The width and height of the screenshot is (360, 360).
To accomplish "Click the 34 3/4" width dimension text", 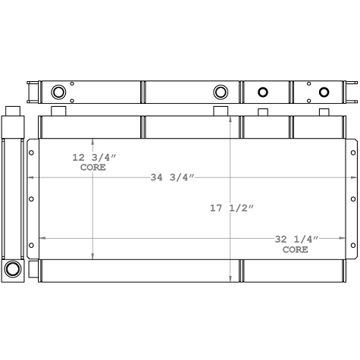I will [173, 177].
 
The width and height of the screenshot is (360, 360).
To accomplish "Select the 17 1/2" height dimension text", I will [231, 208].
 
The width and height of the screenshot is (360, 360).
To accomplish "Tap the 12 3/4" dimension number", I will [92, 158].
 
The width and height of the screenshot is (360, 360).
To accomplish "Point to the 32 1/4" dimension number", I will [296, 239].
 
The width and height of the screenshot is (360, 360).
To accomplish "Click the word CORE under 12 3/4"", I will [92, 167].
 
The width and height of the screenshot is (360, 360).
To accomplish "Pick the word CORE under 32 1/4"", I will [296, 249].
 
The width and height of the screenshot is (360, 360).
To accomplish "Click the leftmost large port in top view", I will [58, 92].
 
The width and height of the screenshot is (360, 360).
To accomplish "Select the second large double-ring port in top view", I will [221, 92].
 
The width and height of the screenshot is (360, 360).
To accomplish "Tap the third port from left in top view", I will [263, 92].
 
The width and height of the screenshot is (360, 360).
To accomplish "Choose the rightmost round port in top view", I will [324, 92].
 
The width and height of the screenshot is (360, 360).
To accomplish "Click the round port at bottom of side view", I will [13, 269].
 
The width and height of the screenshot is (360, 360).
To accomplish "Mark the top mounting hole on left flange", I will [32, 153].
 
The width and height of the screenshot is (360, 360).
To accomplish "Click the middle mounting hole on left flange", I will [32, 199].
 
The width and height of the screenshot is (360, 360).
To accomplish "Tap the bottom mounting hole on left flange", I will [32, 246].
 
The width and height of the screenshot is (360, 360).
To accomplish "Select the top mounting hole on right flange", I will [351, 153].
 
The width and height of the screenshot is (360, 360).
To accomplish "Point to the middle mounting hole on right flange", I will [351, 199].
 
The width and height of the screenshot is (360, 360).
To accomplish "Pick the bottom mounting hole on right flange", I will [351, 246].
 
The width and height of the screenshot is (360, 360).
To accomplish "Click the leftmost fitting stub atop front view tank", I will [58, 111].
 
